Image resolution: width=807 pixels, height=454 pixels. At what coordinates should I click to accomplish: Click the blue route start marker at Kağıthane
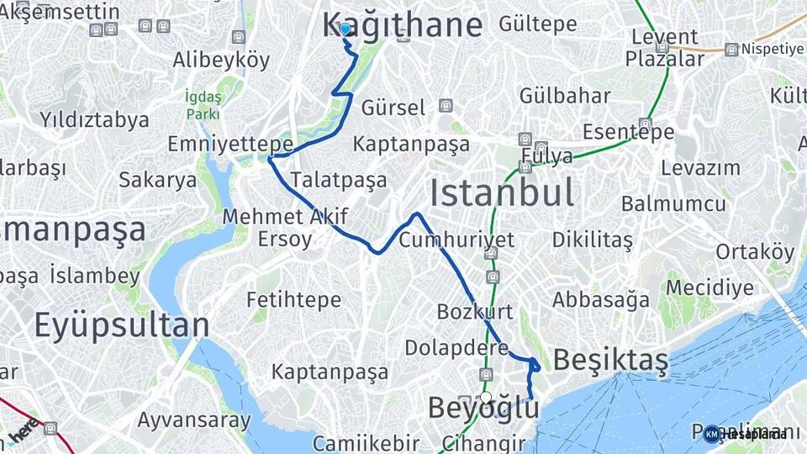(345, 29)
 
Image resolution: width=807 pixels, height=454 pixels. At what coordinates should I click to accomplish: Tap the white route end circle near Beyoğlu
(485, 398)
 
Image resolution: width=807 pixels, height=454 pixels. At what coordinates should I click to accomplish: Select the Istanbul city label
(502, 193)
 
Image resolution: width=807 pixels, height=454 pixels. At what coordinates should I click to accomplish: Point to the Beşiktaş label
(611, 361)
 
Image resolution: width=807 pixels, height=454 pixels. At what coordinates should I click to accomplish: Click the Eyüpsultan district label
(121, 325)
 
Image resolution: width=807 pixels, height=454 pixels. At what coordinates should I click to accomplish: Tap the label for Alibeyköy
(221, 60)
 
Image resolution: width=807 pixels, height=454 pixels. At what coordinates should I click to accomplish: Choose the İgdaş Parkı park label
(203, 104)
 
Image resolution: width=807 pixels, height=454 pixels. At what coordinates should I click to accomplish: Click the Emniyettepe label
(229, 144)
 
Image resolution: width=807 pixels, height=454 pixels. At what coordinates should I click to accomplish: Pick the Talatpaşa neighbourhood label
(339, 179)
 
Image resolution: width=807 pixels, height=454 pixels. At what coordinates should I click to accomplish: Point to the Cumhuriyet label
(456, 240)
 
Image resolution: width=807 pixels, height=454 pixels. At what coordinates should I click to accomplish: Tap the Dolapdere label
(456, 347)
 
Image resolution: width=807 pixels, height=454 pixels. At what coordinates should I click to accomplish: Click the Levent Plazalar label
(664, 48)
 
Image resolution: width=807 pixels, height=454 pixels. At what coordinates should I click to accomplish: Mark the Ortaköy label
(755, 251)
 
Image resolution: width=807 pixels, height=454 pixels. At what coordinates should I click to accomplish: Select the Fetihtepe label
(293, 299)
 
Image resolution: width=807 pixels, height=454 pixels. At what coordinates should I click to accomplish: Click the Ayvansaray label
(193, 420)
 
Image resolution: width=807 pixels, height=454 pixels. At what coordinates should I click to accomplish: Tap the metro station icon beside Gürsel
(445, 106)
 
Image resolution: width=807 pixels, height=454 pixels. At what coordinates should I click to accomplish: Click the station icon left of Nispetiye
(731, 50)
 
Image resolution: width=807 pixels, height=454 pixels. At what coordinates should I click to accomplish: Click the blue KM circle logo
(712, 434)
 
